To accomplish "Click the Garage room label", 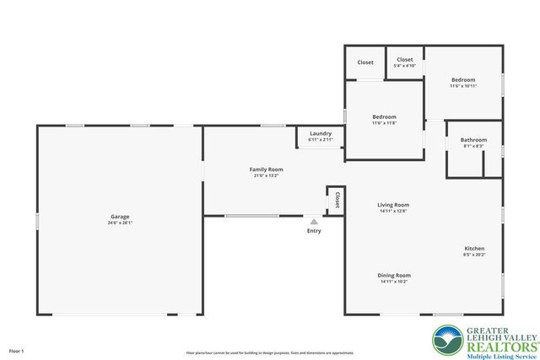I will point(120,217).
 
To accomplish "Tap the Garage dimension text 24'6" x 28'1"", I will point(120,223).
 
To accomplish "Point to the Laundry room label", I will point(320,133).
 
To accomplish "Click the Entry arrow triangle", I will point(314,221).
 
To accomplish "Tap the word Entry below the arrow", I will point(314,230).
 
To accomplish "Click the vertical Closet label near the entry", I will point(337,200).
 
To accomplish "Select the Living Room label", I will point(393,205).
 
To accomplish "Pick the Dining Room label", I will point(394,275).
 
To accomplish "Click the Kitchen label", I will point(474,248).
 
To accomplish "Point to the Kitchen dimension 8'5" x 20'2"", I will point(474,254).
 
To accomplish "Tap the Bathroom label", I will point(473,140).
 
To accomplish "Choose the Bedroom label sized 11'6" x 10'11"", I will point(462,80).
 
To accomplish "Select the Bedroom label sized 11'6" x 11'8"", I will point(384,117).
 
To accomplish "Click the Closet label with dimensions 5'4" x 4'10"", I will point(405,60).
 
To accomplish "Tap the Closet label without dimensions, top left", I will point(365,62).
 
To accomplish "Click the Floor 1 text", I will point(17,350).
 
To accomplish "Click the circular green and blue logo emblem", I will point(446,340).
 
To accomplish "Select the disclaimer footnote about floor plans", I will point(270,352).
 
